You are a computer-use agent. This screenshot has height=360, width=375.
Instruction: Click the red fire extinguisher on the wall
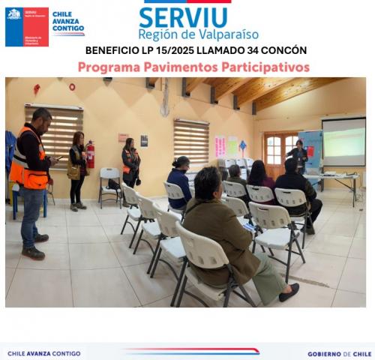(90, 154)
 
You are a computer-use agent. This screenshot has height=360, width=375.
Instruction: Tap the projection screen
(343, 142)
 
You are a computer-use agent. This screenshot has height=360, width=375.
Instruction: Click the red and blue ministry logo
(26, 27)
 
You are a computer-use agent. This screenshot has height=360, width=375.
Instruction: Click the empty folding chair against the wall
(109, 184)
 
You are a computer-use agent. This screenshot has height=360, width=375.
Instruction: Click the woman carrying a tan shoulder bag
(77, 168)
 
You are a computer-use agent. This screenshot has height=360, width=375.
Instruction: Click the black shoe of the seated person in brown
(289, 293)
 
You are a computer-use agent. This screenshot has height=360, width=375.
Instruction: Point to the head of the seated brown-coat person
(208, 182)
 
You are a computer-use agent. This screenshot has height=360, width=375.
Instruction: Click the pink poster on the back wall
(220, 145)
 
